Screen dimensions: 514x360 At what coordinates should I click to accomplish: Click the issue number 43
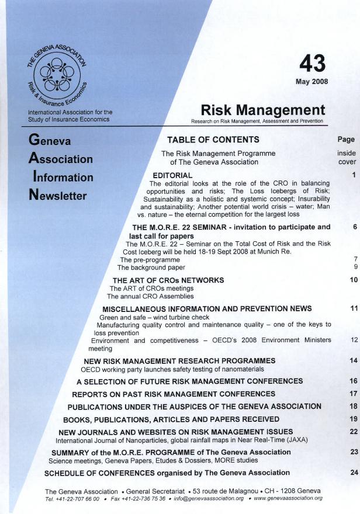pyautogui.click(x=312, y=63)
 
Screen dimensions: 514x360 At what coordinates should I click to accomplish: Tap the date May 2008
pyautogui.click(x=312, y=81)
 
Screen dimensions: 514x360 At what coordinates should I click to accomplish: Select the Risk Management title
pyautogui.click(x=262, y=110)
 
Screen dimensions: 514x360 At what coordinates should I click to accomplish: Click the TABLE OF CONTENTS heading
pyautogui.click(x=213, y=140)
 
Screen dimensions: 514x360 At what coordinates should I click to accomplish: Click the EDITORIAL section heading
pyautogui.click(x=172, y=175)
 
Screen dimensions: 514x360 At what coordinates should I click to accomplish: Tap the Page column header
pyautogui.click(x=346, y=140)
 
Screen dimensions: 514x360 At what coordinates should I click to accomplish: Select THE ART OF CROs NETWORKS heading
pyautogui.click(x=168, y=280)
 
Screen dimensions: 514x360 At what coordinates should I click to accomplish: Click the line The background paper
pyautogui.click(x=151, y=268)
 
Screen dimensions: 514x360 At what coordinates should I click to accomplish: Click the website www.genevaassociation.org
pyautogui.click(x=288, y=498)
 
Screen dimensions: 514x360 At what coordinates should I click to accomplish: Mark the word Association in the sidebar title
pyautogui.click(x=61, y=159)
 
